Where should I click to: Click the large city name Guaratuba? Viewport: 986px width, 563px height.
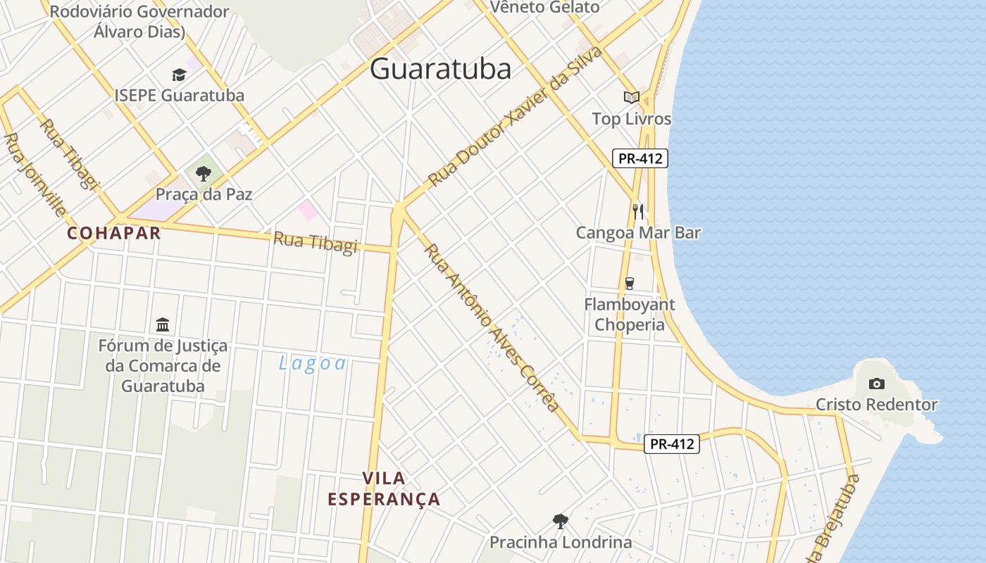(x=440, y=68)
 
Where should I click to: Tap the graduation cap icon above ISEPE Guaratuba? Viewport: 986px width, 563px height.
(x=180, y=75)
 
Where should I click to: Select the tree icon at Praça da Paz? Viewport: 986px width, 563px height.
(x=204, y=173)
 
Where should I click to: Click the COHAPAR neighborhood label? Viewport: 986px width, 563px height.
(x=114, y=233)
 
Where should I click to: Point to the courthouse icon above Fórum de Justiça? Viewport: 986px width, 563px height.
(x=163, y=324)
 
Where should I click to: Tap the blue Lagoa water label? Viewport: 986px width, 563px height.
(x=313, y=363)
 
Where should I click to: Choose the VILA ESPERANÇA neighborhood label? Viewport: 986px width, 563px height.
(x=384, y=488)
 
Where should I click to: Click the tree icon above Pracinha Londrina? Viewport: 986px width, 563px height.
(x=561, y=521)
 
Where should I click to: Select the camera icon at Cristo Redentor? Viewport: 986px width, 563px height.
(x=877, y=384)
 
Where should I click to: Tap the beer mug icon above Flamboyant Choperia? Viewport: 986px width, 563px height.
(x=629, y=283)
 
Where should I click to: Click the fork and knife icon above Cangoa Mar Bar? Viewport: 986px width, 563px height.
(x=638, y=211)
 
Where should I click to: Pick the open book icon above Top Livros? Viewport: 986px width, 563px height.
(x=632, y=97)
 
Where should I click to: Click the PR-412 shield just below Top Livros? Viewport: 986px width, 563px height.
(x=639, y=158)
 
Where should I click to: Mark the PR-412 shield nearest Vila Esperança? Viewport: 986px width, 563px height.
(x=672, y=444)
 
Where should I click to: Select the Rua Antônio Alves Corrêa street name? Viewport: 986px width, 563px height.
(x=492, y=327)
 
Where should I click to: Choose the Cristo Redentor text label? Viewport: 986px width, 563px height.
(x=876, y=405)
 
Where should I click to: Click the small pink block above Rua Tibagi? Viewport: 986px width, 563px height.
(x=308, y=209)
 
